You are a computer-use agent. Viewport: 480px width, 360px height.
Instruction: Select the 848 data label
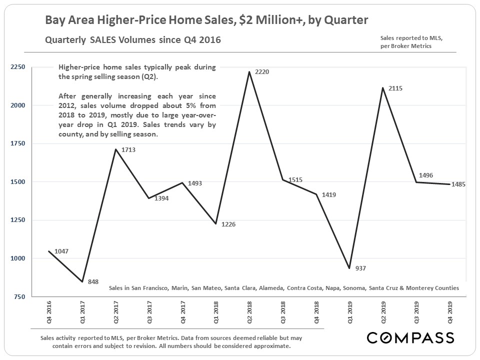pyautogui.click(x=93, y=282)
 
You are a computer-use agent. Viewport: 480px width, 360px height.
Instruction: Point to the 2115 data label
pyautogui.click(x=395, y=88)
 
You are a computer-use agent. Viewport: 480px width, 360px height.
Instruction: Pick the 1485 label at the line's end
pyautogui.click(x=458, y=184)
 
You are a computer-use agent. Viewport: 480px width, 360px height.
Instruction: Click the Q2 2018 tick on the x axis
pyautogui.click(x=249, y=313)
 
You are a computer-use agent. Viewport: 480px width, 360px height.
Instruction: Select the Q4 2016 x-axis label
pyautogui.click(x=48, y=313)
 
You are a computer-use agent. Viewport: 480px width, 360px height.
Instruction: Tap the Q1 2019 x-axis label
pyautogui.click(x=350, y=313)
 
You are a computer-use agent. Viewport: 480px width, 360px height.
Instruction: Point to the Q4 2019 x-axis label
pyautogui.click(x=450, y=313)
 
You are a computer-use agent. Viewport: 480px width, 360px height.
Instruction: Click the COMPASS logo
pyautogui.click(x=410, y=337)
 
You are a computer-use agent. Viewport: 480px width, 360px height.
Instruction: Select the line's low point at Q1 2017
pyautogui.click(x=82, y=282)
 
